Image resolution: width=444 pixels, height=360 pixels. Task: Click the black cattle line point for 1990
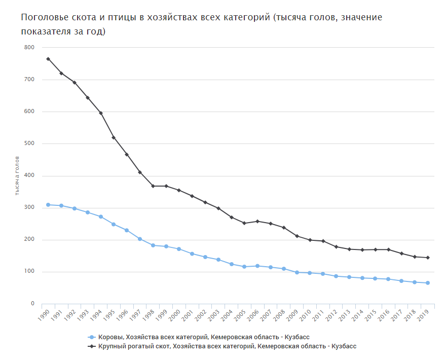pyautogui.click(x=48, y=59)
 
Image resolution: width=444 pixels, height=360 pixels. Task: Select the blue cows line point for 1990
pyautogui.click(x=48, y=205)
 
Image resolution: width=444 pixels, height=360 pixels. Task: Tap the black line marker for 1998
pyautogui.click(x=153, y=186)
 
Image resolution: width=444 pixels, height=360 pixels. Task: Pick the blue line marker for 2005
pyautogui.click(x=244, y=267)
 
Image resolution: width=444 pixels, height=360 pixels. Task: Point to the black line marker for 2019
pyautogui.click(x=428, y=258)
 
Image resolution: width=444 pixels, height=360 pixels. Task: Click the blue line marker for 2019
pyautogui.click(x=428, y=283)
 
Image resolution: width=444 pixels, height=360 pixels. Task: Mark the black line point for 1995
pyautogui.click(x=114, y=137)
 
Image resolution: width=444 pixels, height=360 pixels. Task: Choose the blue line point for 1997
pyautogui.click(x=140, y=239)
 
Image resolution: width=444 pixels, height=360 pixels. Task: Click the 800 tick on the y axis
pyautogui.click(x=29, y=48)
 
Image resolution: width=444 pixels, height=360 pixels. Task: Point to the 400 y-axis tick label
pyautogui.click(x=29, y=176)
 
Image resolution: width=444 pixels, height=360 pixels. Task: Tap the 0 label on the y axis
pyautogui.click(x=32, y=304)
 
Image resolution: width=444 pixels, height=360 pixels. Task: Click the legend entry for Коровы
pyautogui.click(x=198, y=337)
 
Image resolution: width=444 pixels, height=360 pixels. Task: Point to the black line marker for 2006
pyautogui.click(x=257, y=221)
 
